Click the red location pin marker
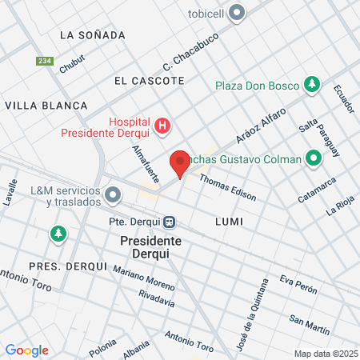point(180,163)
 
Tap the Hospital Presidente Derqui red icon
point(163,126)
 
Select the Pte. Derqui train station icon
point(170,221)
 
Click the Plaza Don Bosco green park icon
point(312,85)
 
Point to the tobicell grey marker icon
point(237,12)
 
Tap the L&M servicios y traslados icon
point(113,194)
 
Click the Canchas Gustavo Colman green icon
point(312,159)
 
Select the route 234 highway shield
point(44,61)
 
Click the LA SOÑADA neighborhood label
point(92,35)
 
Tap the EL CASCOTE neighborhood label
point(149,81)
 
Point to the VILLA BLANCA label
point(46,105)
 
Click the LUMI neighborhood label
point(229,220)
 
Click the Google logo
point(26,350)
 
